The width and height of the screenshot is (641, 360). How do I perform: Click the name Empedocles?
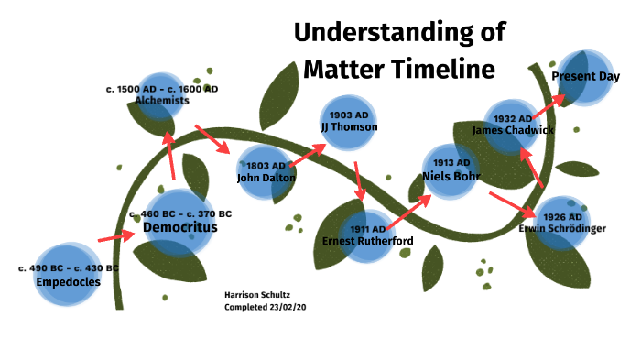pyautogui.click(x=68, y=282)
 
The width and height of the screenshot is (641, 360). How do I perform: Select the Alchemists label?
pyautogui.click(x=162, y=101)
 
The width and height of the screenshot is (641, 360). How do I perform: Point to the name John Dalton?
pyautogui.click(x=266, y=177)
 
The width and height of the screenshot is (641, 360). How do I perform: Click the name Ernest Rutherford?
pyautogui.click(x=367, y=241)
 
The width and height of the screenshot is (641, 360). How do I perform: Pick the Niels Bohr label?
pyautogui.click(x=451, y=176)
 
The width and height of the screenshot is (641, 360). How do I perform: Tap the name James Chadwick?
pyautogui.click(x=514, y=130)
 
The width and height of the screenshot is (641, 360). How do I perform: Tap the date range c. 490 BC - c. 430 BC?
pyautogui.click(x=69, y=268)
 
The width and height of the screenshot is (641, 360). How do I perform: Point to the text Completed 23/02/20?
pyautogui.click(x=265, y=307)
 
